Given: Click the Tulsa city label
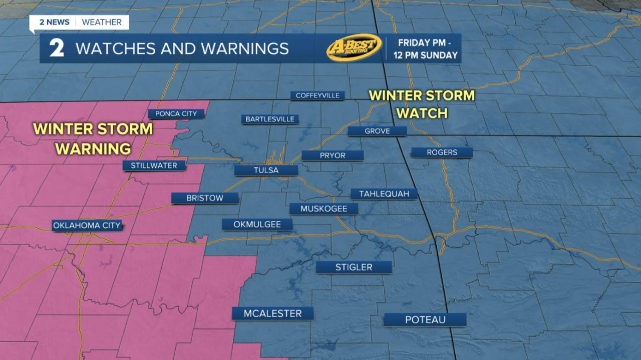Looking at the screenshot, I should (266, 170).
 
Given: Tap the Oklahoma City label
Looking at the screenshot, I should (87, 225).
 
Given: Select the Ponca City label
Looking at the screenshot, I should (176, 113).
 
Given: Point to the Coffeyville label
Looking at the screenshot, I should (317, 95).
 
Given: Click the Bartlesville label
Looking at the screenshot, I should (270, 119).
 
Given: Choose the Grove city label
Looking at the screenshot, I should (377, 131).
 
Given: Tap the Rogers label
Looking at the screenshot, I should (442, 152).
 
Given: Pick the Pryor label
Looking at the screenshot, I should (333, 155).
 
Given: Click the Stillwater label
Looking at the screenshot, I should (154, 165).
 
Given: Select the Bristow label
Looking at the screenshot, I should (204, 198).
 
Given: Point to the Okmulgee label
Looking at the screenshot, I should (257, 224).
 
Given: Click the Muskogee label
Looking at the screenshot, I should (324, 208).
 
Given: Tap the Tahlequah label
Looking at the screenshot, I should (384, 193).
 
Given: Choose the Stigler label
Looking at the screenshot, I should (354, 267).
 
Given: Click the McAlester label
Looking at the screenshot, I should (272, 313).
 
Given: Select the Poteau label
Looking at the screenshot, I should (425, 319).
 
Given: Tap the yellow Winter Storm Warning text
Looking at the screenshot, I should (93, 138).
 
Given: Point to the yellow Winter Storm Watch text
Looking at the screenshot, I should (422, 104).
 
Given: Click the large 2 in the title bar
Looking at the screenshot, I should (56, 48).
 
